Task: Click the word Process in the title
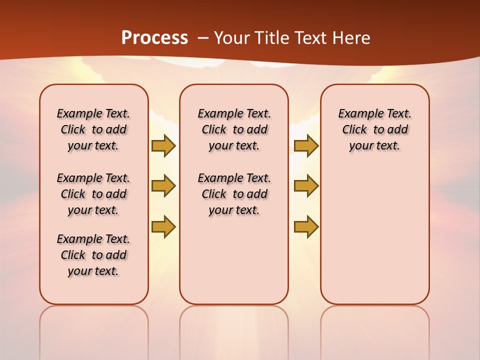[x=154, y=38]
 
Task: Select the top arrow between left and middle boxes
[x=163, y=145]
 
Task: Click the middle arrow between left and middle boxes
[x=163, y=186]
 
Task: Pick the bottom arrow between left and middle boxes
[x=163, y=226]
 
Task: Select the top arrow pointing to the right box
[x=306, y=145]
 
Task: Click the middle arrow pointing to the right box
[x=306, y=186]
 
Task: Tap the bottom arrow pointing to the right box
[x=306, y=226]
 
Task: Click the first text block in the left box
[x=93, y=129]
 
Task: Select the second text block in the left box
[x=93, y=194]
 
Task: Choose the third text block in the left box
[x=93, y=255]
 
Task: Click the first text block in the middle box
[x=234, y=129]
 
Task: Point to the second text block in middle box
[x=234, y=194]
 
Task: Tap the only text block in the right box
[x=375, y=129]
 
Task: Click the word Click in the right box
[x=354, y=129]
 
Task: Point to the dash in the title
[x=203, y=38]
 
